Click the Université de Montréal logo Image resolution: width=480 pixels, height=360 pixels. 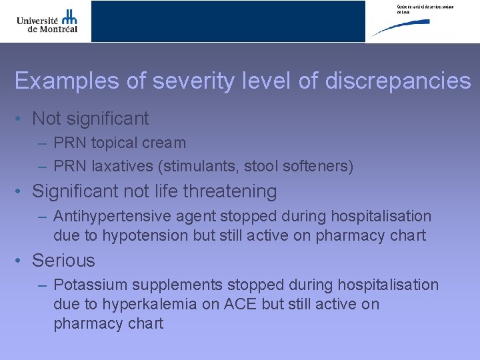coord(47,21)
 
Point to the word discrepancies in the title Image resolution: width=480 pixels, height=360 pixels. coord(398,81)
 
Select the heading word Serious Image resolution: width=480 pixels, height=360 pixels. coord(63,261)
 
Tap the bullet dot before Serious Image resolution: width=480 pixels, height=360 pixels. coord(21,261)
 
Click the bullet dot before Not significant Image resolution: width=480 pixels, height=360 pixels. coord(21,119)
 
